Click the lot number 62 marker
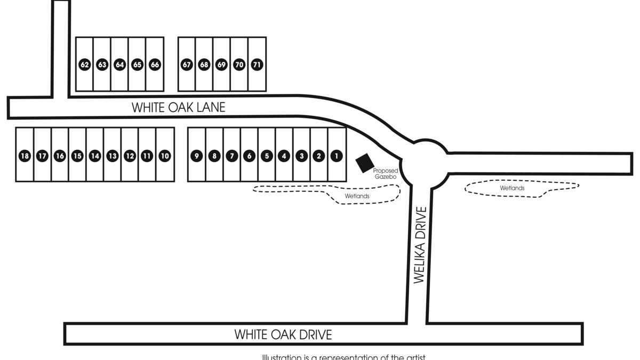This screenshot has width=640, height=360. point(84,65)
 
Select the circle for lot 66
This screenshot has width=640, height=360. point(155,65)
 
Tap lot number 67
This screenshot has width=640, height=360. point(187,65)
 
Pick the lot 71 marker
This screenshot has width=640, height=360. point(257,65)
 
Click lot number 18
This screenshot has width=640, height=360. point(25,156)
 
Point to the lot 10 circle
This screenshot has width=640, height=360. point(165,156)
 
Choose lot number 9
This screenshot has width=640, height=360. point(197,156)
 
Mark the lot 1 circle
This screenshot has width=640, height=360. point(337,156)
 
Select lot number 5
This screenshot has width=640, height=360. point(267,156)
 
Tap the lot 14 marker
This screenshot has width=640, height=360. point(95,156)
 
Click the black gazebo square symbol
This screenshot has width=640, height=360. point(365,163)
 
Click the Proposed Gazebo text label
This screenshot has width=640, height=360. point(385,173)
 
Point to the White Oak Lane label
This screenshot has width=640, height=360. point(179,107)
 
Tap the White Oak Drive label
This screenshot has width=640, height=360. point(283,334)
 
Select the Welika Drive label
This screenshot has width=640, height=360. point(420,245)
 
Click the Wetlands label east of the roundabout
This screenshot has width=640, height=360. point(512,188)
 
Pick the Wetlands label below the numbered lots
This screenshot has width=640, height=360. point(357,196)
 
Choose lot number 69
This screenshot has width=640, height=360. point(222,65)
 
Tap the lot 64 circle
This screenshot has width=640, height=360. point(119,65)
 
